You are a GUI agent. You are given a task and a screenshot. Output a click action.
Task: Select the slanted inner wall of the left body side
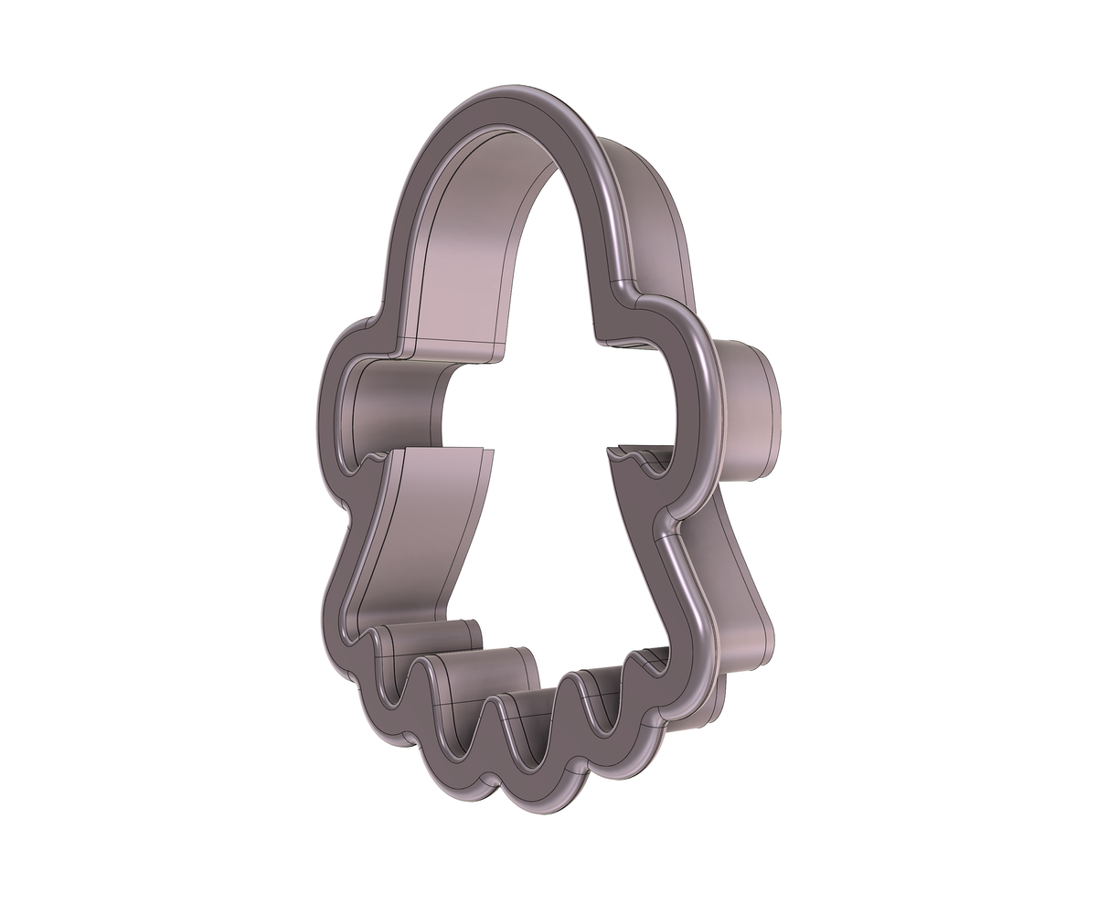pos(421,539)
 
